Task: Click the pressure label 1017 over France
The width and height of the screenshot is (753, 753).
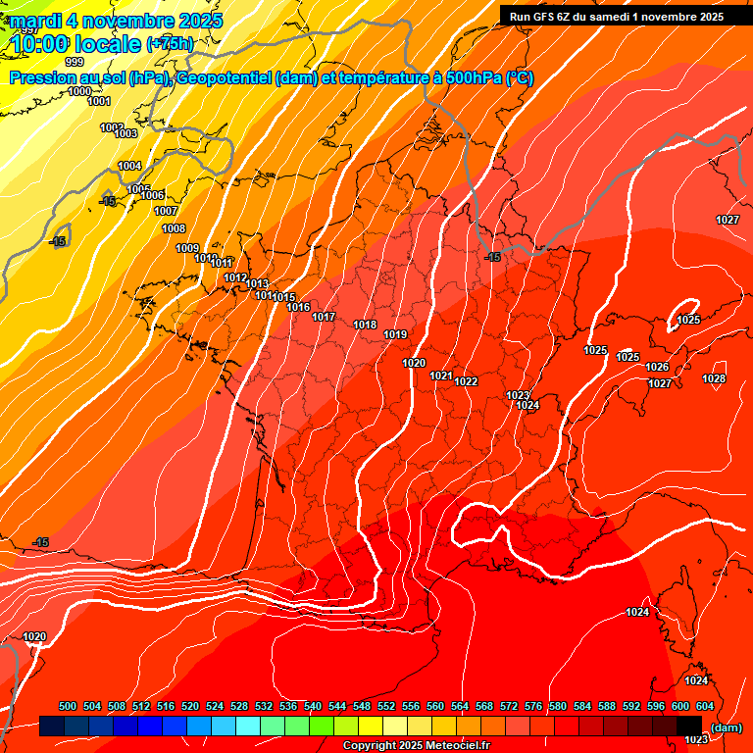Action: click(x=325, y=317)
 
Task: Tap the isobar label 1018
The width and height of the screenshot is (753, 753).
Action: click(x=365, y=325)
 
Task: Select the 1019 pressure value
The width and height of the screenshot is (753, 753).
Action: click(x=395, y=334)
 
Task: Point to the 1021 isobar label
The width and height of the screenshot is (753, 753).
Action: click(x=441, y=376)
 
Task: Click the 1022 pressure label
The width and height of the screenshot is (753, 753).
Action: click(x=466, y=381)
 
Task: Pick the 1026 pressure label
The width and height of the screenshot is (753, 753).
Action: click(x=657, y=367)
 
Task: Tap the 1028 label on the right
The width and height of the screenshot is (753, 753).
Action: click(x=714, y=378)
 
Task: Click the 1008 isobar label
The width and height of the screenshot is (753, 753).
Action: click(x=174, y=228)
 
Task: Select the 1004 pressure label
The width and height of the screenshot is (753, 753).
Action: click(x=129, y=166)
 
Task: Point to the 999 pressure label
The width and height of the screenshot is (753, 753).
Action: click(x=74, y=62)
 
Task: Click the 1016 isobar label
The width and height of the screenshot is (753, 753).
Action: click(x=299, y=307)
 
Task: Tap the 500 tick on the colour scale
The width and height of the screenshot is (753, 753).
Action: click(x=68, y=706)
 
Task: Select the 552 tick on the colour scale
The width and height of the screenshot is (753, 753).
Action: click(x=386, y=706)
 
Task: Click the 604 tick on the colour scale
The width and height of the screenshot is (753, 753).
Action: click(x=705, y=706)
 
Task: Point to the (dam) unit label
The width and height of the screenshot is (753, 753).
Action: click(x=726, y=728)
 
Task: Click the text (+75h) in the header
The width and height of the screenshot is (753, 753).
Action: click(x=170, y=43)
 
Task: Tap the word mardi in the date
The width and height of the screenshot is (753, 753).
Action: click(x=34, y=20)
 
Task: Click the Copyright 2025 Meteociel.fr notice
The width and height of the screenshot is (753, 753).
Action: click(x=416, y=745)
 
